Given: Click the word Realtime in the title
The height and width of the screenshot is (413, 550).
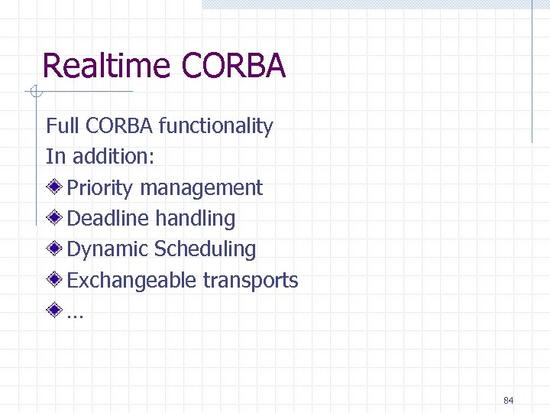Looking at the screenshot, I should (107, 66).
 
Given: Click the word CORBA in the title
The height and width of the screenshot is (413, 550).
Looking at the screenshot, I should (234, 66).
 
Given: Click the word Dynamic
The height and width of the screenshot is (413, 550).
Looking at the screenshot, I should (108, 249).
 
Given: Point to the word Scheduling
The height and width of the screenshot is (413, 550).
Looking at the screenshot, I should (205, 249).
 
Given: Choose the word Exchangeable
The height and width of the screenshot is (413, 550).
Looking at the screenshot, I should (132, 281).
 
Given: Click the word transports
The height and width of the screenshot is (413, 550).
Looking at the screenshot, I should (251, 281).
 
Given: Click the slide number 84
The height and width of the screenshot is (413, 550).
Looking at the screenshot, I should (509, 401).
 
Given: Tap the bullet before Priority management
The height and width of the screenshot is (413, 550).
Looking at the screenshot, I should (54, 187).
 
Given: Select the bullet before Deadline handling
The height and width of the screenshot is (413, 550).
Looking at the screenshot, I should (54, 218).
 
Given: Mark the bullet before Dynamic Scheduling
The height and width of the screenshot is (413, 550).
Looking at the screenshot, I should (54, 249).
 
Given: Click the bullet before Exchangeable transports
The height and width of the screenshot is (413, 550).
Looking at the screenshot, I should (54, 280).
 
